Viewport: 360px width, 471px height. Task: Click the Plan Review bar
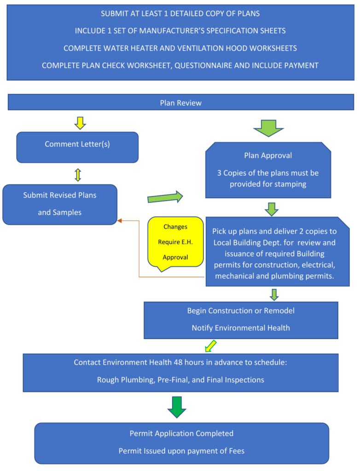[x=180, y=103]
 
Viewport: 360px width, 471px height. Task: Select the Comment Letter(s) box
[x=77, y=147]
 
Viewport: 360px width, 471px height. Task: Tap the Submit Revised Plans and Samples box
[x=60, y=204]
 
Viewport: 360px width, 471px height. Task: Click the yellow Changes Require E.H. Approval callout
[x=175, y=241]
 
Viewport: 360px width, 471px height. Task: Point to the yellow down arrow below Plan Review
[x=80, y=123]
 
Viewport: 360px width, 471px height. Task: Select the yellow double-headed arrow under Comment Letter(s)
[x=77, y=174]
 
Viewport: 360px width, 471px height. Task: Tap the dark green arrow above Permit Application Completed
[x=176, y=407]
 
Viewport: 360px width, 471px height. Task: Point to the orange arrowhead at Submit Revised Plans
[x=120, y=221]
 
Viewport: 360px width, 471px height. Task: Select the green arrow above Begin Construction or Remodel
[x=274, y=294]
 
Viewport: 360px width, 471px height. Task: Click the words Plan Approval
[x=268, y=155]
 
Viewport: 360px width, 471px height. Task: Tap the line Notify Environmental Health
[x=241, y=328]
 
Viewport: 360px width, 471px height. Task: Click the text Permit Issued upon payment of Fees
[x=181, y=451]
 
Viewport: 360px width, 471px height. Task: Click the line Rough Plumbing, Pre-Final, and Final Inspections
[x=180, y=380]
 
